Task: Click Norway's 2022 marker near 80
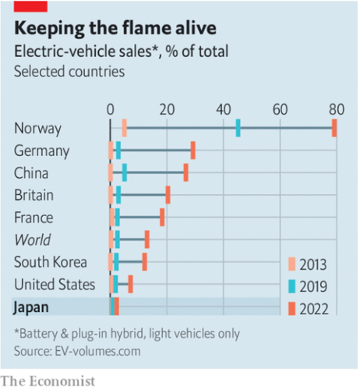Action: [x=334, y=128]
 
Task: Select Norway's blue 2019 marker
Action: [x=238, y=128]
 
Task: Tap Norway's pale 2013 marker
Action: [x=125, y=128]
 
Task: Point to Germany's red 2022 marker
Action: [x=193, y=151]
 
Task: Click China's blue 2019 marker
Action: [x=125, y=172]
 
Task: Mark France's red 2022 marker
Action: [x=162, y=217]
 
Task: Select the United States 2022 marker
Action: [x=131, y=284]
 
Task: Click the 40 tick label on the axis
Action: [x=224, y=108]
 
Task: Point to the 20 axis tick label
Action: [x=166, y=108]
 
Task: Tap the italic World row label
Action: [x=32, y=239]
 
